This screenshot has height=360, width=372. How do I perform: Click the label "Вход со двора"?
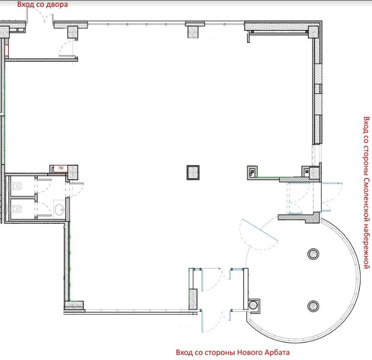(42, 5)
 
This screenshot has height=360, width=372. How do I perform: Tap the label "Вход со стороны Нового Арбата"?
(233, 352)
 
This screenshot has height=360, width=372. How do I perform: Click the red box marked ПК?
(60, 168)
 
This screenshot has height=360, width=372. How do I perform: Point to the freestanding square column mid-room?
(193, 173)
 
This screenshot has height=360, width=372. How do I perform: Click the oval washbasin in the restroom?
(59, 210)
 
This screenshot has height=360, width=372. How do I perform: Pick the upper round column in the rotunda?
(313, 254)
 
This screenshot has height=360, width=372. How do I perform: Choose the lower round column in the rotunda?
(313, 306)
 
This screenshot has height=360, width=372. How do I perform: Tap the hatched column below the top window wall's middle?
(193, 32)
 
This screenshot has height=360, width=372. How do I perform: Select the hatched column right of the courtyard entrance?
(73, 32)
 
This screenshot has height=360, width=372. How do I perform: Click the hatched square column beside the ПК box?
(73, 172)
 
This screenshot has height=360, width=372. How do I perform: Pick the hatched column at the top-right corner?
(313, 32)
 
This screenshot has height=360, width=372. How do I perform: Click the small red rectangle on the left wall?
(7, 51)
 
